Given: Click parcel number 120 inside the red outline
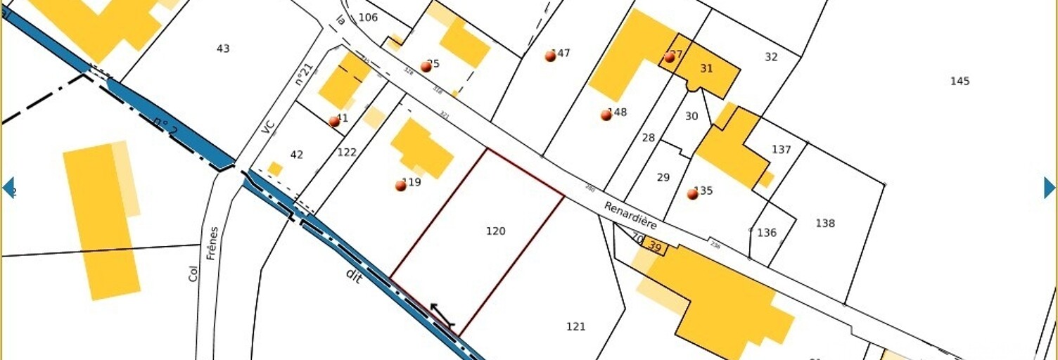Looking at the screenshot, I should click(x=495, y=231).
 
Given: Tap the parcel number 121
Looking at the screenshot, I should click(x=575, y=326).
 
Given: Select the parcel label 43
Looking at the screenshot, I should click(x=223, y=49).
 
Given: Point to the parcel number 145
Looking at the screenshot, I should click(x=960, y=81).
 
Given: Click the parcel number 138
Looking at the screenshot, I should click(x=825, y=224).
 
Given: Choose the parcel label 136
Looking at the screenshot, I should click(x=767, y=233).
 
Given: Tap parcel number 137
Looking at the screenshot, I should click(x=781, y=150).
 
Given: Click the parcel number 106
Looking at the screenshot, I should click(x=368, y=18).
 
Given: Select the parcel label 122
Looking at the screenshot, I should click(x=347, y=152).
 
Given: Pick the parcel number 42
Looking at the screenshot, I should click(x=297, y=155).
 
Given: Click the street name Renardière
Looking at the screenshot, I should click(x=630, y=215).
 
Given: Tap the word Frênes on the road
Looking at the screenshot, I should click(x=212, y=243).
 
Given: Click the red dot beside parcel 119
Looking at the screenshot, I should click(x=400, y=186).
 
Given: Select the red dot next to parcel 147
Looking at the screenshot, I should click(x=550, y=56).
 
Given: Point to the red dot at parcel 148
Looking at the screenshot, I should click(x=606, y=115).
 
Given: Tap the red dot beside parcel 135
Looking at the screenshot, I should click(x=692, y=194).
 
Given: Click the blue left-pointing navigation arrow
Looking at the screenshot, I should click(x=8, y=188).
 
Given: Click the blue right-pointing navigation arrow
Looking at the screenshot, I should click(x=1049, y=188).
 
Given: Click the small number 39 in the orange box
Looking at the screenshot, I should click(x=655, y=246).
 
